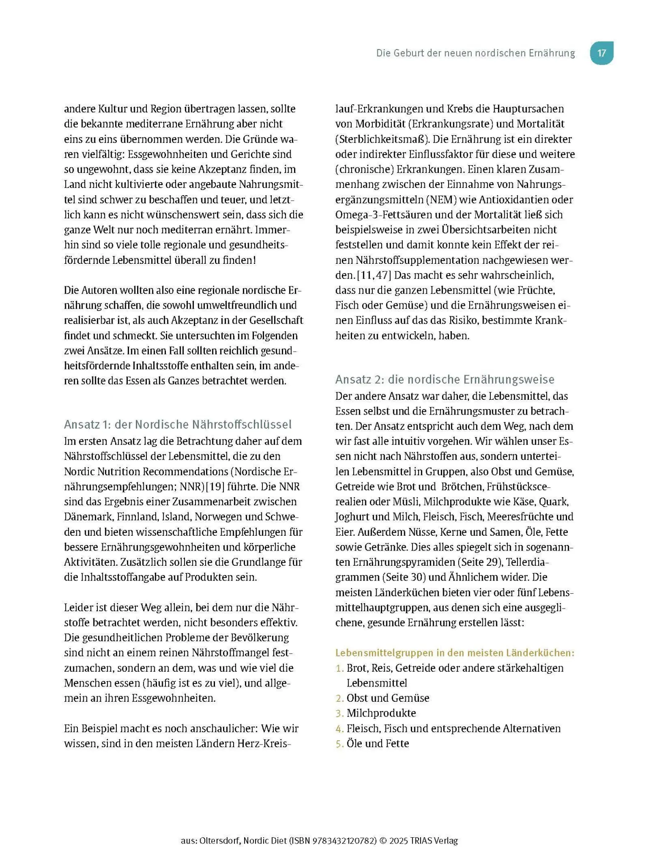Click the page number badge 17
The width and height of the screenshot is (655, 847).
601,53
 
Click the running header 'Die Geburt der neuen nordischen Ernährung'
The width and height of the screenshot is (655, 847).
475,53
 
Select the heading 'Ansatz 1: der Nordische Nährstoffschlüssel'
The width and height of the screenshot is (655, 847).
178,424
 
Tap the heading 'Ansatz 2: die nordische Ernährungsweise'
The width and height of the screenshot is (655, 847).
444,379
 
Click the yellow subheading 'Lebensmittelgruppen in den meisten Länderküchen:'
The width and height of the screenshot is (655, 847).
454,653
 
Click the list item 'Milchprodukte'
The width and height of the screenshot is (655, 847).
381,713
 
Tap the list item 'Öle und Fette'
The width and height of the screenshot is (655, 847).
377,743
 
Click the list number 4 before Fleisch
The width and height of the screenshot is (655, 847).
339,728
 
